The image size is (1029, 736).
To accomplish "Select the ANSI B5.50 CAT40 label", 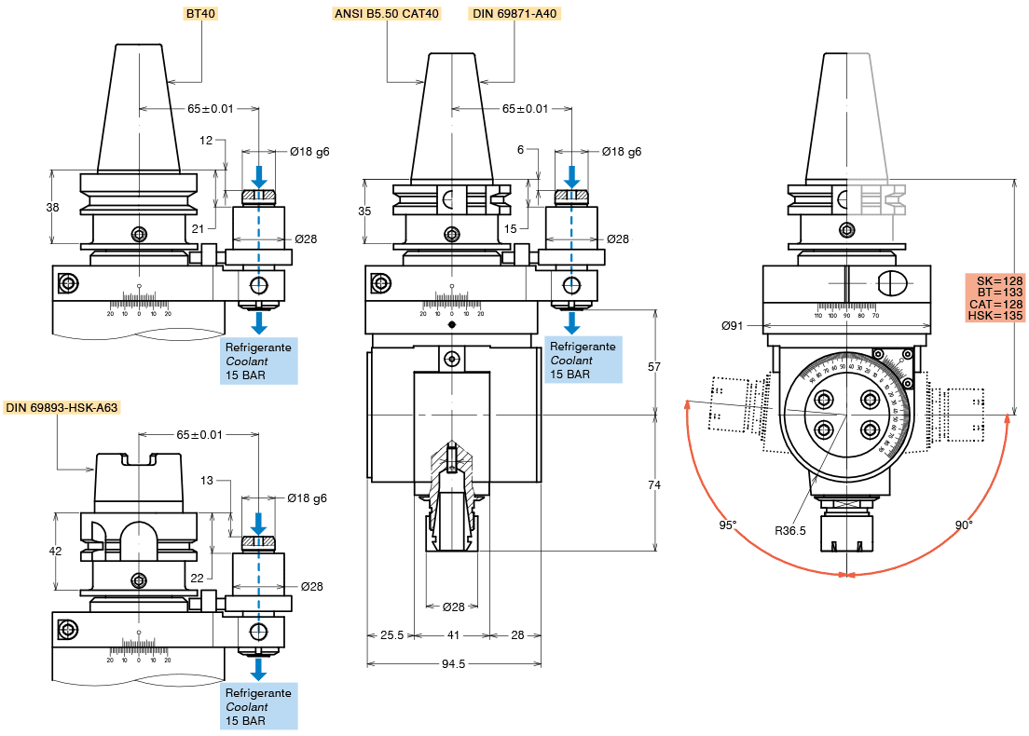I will (386, 14).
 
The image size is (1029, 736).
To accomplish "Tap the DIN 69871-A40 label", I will (515, 14).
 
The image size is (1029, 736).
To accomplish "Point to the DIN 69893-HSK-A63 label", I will (62, 408).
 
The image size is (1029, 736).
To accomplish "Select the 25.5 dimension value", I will (391, 634).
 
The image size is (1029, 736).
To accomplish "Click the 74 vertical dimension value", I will (654, 484).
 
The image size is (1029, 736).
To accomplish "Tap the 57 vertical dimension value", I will (654, 366).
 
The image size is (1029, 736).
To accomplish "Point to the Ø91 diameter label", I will (733, 325).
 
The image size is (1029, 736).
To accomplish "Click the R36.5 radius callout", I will (790, 530).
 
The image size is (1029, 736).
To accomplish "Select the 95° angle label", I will (728, 525).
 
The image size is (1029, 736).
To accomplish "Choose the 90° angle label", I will (964, 525).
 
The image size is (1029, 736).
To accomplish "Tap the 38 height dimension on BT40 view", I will (52, 208).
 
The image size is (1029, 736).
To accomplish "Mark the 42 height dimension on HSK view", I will (55, 551).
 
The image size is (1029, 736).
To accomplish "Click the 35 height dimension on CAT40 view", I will (364, 211).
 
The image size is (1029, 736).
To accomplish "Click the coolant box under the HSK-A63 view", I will (259, 706).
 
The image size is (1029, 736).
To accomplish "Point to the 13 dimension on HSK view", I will (207, 480).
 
